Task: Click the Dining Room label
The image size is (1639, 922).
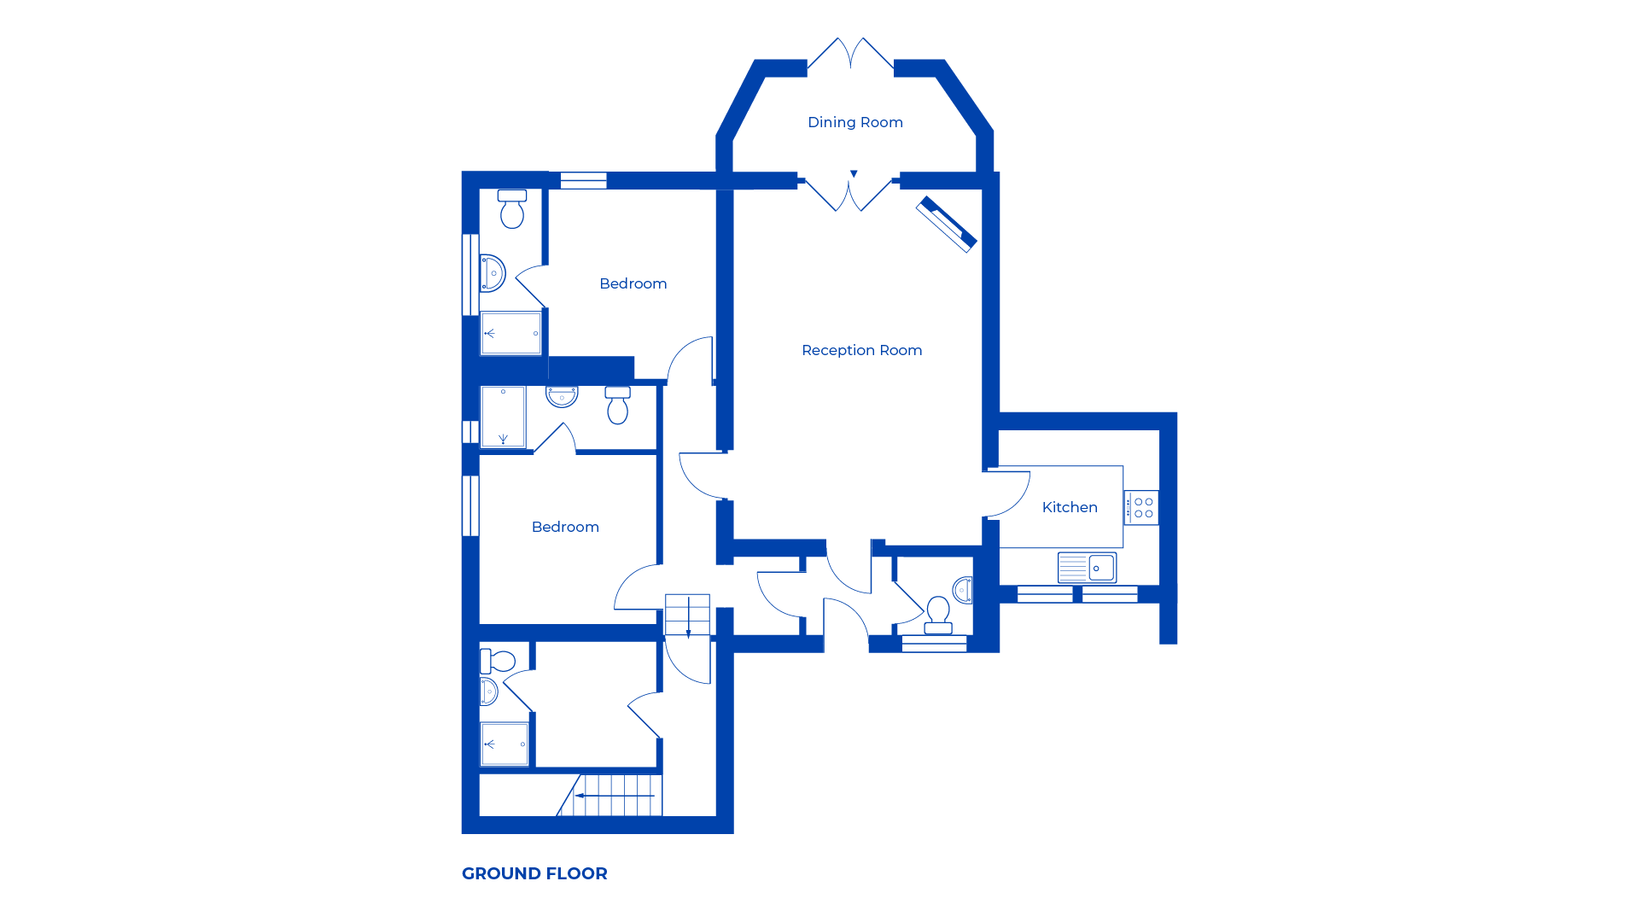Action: (854, 122)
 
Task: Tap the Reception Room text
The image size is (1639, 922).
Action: (861, 350)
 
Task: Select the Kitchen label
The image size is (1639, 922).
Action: (1069, 507)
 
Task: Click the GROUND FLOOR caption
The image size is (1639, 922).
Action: (534, 873)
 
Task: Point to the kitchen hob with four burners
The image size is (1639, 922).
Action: (1141, 508)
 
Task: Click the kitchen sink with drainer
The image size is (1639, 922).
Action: (1087, 568)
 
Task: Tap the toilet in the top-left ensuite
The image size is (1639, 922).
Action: (512, 209)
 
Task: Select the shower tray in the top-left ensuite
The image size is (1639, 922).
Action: (510, 333)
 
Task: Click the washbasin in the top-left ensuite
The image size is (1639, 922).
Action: (493, 273)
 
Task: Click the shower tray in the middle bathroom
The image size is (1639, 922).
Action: (503, 417)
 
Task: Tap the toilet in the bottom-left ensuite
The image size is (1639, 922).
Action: (499, 662)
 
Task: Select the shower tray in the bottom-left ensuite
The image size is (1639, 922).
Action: (505, 744)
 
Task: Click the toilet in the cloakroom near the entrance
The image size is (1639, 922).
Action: (938, 615)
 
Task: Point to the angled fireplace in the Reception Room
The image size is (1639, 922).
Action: (946, 225)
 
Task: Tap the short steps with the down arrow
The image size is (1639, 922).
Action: (687, 616)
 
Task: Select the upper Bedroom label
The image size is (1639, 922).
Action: (633, 283)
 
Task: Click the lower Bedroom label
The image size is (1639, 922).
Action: (565, 527)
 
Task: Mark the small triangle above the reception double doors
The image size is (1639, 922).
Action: (854, 174)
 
